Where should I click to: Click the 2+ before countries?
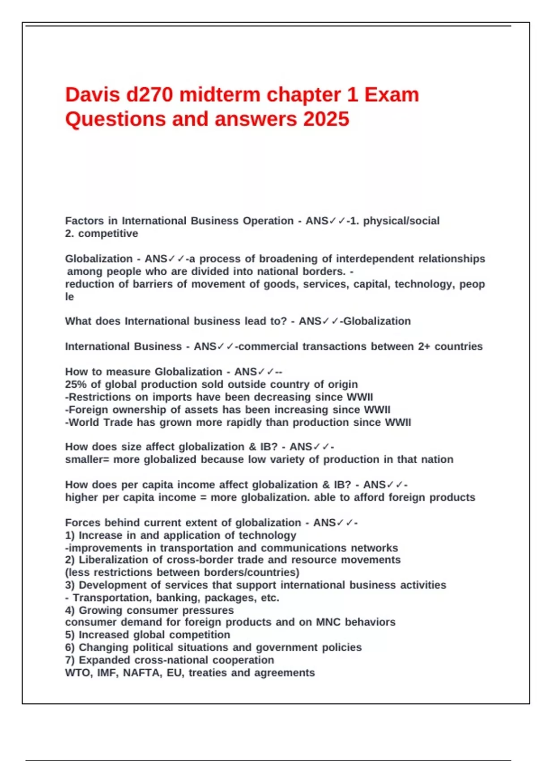[424, 346]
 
